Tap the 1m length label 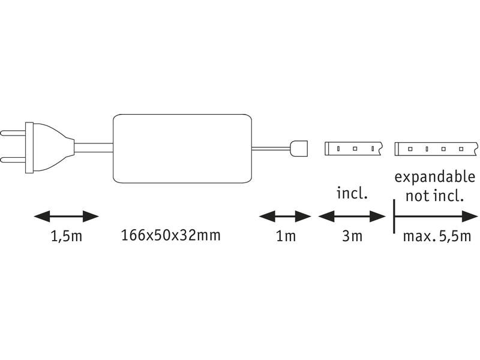[286, 236]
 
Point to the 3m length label [352, 236]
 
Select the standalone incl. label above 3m [352, 194]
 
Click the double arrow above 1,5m [65, 215]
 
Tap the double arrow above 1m [285, 215]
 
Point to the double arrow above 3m [352, 215]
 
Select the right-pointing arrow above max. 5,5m [432, 215]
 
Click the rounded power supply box [182, 148]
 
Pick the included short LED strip [353, 148]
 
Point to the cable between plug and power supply [93, 148]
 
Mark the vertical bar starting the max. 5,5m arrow [394, 215]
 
